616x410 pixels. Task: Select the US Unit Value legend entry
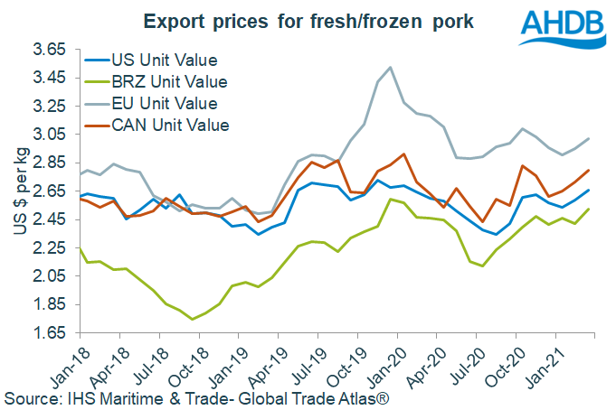pyautogui.click(x=165, y=61)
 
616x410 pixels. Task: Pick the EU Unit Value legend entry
pyautogui.click(x=165, y=104)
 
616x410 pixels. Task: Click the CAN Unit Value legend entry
pyautogui.click(x=169, y=125)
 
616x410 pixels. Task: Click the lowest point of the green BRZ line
pyautogui.click(x=192, y=319)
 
